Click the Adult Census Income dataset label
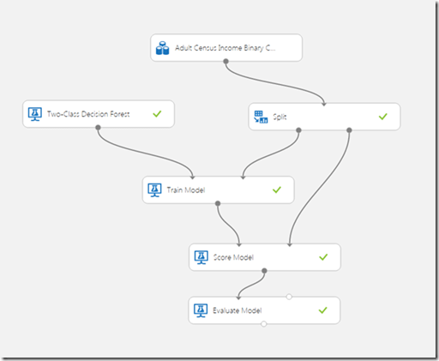point(225,48)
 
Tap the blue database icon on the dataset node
point(162,48)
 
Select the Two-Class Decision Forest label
point(88,114)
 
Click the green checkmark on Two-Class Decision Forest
point(157,114)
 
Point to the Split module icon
point(261,117)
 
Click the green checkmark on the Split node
point(383,117)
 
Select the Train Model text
point(186,190)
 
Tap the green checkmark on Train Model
point(277,190)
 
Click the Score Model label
point(233,257)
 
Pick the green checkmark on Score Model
point(323,257)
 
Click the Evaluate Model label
point(238,310)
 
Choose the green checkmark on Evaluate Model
point(322,310)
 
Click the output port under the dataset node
point(226,62)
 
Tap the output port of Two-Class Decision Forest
point(98,128)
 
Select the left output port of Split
point(298,130)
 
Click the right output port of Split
point(349,130)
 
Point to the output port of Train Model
point(218,203)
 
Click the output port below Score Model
point(264,271)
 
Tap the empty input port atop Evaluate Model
point(289,297)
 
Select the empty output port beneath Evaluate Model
point(264,324)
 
